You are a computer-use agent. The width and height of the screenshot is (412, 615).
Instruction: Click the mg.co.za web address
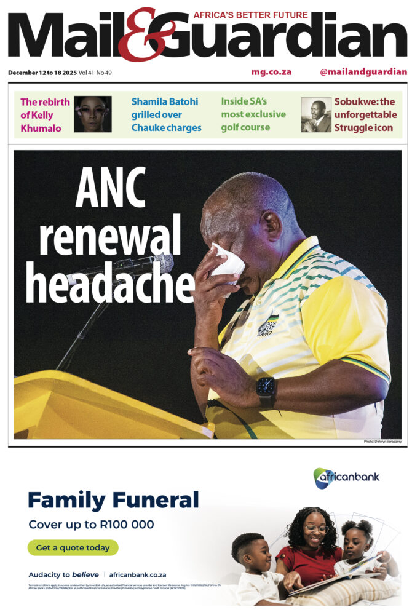271,72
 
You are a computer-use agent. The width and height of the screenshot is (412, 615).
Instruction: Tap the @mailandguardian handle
363,72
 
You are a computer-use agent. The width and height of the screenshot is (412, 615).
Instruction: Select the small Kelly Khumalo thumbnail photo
92,114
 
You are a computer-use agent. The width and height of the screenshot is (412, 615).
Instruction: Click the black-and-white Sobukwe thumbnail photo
315,114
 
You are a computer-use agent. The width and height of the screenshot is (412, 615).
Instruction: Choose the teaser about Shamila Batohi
166,114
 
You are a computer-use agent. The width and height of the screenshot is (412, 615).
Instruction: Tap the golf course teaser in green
253,114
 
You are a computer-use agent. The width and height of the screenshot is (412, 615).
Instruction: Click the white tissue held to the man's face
228,261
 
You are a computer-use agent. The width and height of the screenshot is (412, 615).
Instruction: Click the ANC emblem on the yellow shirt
267,324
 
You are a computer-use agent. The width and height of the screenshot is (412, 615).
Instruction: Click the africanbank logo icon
322,478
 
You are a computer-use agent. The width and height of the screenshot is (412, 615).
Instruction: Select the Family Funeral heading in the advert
113,499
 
